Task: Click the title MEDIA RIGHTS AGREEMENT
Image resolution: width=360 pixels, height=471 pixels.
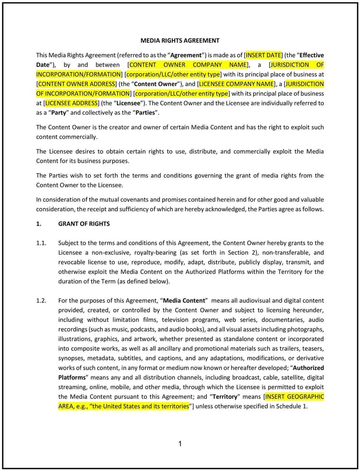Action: point(180,41)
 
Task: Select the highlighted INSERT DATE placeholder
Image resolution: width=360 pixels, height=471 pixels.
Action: point(264,55)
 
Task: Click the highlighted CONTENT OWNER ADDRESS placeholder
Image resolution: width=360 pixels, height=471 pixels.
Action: point(76,84)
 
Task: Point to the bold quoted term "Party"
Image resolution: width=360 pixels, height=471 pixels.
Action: point(57,113)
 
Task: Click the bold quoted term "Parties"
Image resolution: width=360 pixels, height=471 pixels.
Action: point(143,113)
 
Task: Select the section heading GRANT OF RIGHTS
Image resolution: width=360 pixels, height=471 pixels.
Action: point(84,224)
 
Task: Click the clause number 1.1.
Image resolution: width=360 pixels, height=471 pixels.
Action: point(41,243)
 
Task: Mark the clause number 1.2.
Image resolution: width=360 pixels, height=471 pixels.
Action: point(41,301)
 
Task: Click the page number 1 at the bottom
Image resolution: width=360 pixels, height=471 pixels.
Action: point(180,444)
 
